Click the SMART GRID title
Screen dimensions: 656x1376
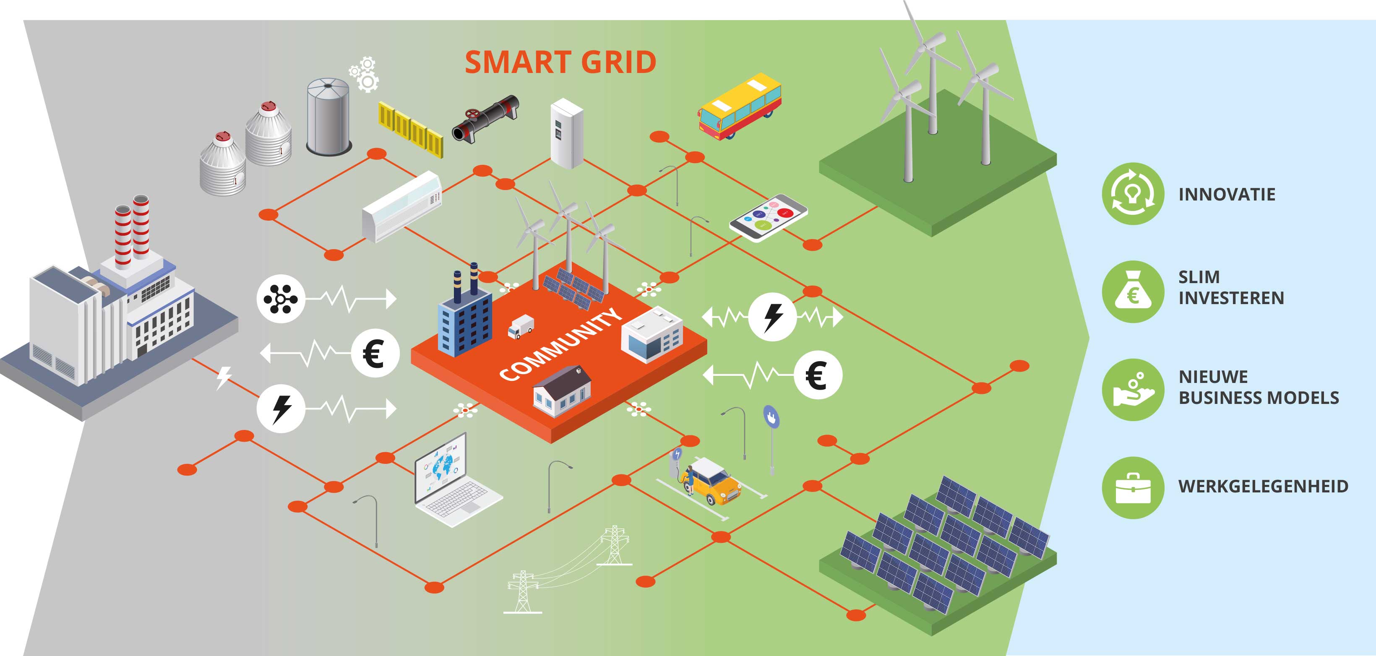pos(560,62)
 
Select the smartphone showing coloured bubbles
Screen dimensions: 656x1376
pos(768,217)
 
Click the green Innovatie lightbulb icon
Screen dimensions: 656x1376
pos(1132,193)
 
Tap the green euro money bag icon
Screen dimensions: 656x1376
pos(1132,292)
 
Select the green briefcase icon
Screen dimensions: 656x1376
pos(1132,488)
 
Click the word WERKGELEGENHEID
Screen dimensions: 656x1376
pos(1263,487)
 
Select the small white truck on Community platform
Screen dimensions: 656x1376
pos(520,327)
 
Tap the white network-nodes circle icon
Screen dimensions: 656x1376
pos(280,299)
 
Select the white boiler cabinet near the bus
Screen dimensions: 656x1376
pos(566,133)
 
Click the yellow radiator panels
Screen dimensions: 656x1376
pos(410,129)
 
